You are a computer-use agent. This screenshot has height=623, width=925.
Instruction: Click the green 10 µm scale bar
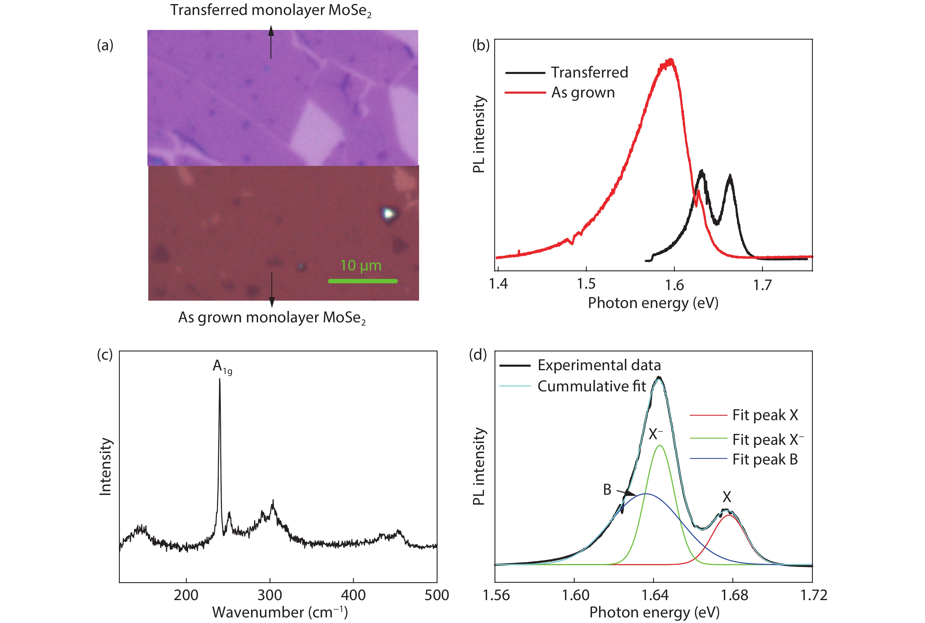point(362,281)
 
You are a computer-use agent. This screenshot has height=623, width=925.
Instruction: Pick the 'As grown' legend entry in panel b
point(583,92)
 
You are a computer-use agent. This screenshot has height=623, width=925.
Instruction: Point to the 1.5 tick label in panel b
point(586,284)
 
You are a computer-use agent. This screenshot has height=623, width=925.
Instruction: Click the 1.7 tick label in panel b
point(762,284)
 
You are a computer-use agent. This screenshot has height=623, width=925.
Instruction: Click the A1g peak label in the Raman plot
point(222,366)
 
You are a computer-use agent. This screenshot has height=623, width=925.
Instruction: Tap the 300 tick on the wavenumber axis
point(270,595)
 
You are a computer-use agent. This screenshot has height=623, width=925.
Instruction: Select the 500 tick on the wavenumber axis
point(437,595)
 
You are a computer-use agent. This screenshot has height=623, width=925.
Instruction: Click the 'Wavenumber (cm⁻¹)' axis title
point(280,612)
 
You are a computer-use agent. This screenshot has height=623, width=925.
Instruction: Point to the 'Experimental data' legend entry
point(599,365)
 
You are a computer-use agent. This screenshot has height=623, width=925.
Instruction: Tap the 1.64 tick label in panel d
point(655,595)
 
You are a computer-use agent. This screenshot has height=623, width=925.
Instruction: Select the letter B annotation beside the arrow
point(607,489)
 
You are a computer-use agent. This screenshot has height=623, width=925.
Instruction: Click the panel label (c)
point(105,354)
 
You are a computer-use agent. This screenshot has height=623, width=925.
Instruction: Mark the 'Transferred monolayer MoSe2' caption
point(270,10)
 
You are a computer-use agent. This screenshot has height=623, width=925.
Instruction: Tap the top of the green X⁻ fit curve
point(660,445)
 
